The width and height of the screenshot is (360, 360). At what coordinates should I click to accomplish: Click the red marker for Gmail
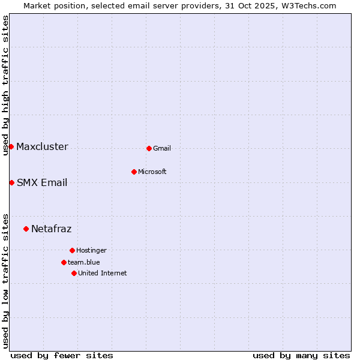149,148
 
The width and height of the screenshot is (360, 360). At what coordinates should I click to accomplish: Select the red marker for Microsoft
134,172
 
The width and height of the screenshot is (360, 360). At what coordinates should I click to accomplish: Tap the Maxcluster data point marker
11,146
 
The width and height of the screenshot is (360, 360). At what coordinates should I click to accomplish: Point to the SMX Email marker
11,182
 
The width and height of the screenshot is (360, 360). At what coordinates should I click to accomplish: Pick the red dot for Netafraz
26,229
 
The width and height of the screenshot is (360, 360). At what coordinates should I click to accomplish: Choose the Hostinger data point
72,250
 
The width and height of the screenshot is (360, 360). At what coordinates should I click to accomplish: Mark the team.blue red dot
64,262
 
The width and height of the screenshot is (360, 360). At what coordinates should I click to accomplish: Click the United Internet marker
74,273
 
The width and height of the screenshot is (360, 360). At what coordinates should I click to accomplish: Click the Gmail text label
162,149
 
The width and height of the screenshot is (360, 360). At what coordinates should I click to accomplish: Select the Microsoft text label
152,172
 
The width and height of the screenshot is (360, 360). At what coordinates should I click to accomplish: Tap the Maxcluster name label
42,147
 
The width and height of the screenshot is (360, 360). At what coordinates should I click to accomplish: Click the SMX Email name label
42,183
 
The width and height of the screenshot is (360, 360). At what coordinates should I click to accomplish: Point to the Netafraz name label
52,229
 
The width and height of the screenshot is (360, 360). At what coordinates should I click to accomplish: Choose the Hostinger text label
91,251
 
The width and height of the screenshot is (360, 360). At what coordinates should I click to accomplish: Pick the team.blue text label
84,263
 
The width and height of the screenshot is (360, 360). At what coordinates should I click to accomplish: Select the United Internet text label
103,274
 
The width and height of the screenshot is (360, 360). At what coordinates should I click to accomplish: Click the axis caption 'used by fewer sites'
62,356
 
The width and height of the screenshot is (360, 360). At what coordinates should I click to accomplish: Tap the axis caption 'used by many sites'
301,356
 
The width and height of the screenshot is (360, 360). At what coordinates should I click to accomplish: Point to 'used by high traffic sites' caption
5,85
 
